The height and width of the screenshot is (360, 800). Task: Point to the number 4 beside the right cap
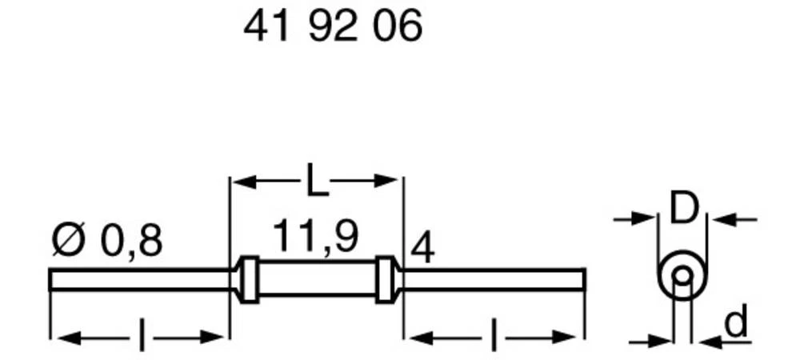[422, 250]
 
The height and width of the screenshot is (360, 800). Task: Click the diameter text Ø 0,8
[106, 240]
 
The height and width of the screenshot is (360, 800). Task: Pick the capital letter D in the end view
[683, 210]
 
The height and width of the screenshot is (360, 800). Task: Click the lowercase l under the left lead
[142, 337]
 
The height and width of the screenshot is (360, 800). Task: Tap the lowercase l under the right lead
[493, 337]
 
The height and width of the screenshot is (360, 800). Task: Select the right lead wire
[492, 279]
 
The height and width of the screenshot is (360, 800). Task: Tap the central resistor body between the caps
[318, 279]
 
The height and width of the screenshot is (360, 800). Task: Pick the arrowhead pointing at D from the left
[645, 218]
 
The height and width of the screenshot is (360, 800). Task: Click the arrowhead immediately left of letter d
[708, 342]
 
